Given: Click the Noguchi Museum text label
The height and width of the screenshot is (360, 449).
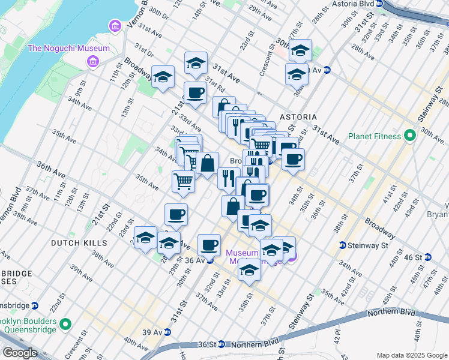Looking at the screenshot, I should [68, 48].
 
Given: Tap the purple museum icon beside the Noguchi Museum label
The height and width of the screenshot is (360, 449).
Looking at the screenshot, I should [93, 61].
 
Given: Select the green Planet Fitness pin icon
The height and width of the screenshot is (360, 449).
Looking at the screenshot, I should [410, 136].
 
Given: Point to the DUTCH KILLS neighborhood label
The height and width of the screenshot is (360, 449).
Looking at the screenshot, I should [79, 243].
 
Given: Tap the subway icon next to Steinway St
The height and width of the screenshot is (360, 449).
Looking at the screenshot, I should [343, 245].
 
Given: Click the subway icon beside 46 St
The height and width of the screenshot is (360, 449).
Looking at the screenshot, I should [428, 257].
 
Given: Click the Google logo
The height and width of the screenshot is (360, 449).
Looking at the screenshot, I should [19, 353].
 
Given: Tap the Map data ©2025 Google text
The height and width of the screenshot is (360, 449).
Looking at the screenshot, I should [412, 355].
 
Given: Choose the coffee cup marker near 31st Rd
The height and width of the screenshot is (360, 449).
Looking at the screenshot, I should [196, 93].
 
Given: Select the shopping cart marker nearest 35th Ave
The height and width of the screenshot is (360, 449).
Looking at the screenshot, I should [183, 180].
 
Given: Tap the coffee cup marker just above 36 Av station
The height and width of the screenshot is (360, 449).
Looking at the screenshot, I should [209, 244].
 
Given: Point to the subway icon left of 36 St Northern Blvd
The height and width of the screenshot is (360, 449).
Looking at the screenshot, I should [221, 344].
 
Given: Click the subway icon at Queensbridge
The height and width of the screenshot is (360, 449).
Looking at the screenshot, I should [35, 305].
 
